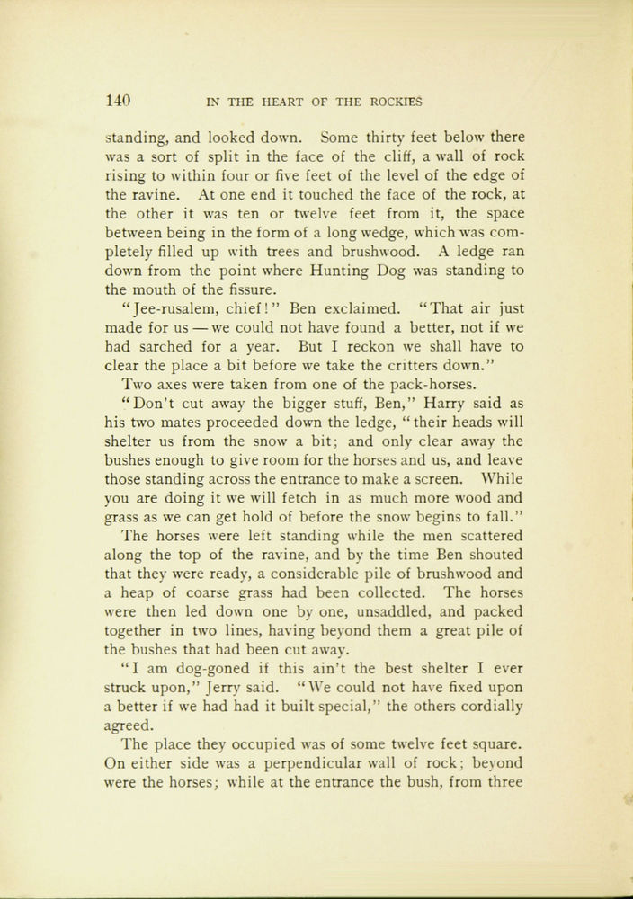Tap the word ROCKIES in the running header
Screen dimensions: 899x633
(401, 102)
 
